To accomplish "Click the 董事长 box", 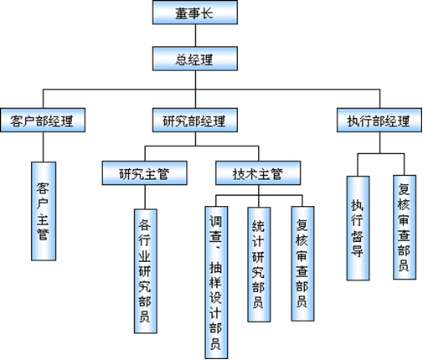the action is (195, 13).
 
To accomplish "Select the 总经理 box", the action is (195, 59).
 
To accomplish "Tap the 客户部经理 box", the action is (43, 120).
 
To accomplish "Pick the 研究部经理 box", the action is (195, 120).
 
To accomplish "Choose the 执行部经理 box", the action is (379, 120).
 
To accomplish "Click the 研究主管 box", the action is (145, 172).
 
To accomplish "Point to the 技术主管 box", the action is (258, 172).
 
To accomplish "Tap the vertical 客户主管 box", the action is (44, 211).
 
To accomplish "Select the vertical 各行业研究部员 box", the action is (146, 271).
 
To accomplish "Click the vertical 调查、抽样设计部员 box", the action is (216, 282).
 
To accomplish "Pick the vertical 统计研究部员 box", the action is (259, 265).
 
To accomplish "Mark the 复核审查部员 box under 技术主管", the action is (302, 264).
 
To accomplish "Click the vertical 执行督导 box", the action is (358, 228).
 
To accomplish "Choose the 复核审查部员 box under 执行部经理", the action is (405, 227).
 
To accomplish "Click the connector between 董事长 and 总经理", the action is (195, 35).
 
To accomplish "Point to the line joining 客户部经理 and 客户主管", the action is (43, 147).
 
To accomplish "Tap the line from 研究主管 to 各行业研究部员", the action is (145, 197).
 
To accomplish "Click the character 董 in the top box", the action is (182, 13).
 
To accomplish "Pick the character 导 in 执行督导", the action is (358, 250).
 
